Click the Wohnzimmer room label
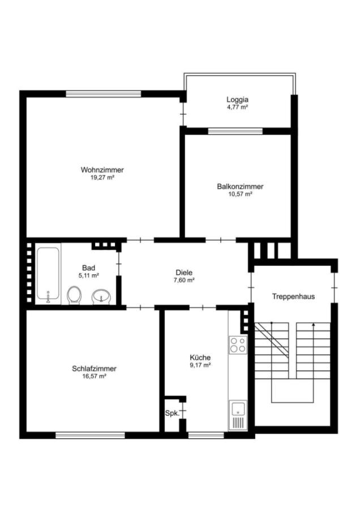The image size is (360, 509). [x=102, y=170]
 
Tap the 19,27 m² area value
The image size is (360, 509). [x=102, y=178]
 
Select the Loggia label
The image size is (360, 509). [x=237, y=99]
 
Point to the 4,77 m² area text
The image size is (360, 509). [x=237, y=107]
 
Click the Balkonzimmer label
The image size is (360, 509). [x=239, y=186]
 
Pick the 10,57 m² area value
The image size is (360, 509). [x=239, y=194]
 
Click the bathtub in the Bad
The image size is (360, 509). [x=48, y=274]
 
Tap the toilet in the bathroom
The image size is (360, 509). [x=74, y=295]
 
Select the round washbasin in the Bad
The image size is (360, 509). [x=101, y=295]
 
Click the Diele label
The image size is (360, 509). [x=184, y=272]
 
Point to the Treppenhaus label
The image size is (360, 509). [x=293, y=296]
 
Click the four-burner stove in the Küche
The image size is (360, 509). [x=238, y=344]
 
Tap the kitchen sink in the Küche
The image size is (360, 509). [x=238, y=415]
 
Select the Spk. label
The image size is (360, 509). [x=172, y=413]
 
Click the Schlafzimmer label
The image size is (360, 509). [x=95, y=368]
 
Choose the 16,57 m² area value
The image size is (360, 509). [x=95, y=376]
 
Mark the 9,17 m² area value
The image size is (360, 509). [x=200, y=365]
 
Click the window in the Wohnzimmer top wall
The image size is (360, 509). [x=103, y=94]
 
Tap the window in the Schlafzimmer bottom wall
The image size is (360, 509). [x=90, y=435]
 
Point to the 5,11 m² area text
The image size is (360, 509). [x=88, y=275]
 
